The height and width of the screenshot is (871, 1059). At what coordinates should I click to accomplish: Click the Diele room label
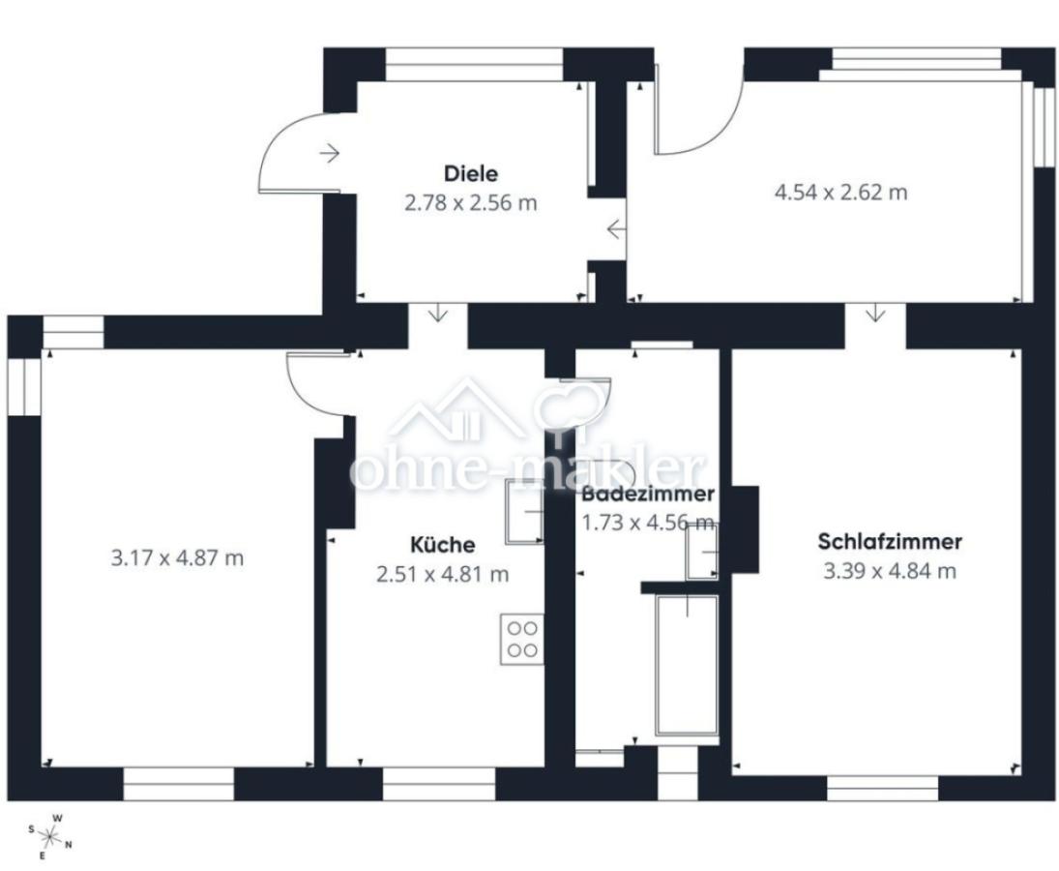tap(471, 174)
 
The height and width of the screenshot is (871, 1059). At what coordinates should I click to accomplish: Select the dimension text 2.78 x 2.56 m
tap(470, 203)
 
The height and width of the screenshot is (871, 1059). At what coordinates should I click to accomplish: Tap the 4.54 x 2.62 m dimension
tap(840, 192)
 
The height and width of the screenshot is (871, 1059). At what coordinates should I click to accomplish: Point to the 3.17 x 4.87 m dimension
tap(177, 558)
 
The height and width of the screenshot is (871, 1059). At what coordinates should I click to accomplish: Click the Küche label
tap(442, 545)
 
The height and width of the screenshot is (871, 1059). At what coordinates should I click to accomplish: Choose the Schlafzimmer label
tap(889, 541)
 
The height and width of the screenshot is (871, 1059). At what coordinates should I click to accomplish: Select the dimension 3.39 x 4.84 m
tap(889, 571)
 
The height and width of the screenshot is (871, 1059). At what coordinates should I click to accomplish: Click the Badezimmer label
tap(648, 494)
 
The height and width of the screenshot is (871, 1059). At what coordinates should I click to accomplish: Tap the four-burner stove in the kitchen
tap(522, 639)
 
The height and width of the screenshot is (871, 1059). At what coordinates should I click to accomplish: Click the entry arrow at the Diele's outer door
tap(331, 153)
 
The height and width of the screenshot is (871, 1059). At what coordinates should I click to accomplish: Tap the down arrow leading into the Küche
tap(438, 313)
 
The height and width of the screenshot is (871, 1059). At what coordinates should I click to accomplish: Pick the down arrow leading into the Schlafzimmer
tap(876, 313)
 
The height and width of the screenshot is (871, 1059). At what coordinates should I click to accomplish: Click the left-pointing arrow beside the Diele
tap(615, 230)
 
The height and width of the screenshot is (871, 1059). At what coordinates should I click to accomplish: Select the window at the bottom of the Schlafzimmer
tap(881, 786)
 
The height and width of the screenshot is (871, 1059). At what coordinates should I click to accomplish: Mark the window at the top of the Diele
tap(474, 64)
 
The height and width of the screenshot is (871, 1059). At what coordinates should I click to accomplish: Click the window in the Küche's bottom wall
tap(439, 783)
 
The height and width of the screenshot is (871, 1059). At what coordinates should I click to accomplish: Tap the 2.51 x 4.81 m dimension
tap(442, 575)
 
